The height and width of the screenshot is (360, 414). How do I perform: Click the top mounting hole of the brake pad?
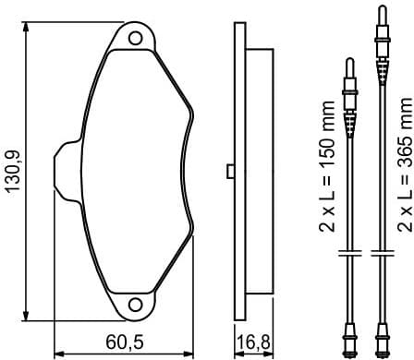click(136, 38)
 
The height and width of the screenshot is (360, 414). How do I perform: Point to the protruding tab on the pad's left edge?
click(66, 168)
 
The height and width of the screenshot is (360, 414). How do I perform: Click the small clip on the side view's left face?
click(227, 170)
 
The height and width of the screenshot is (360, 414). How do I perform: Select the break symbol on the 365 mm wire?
click(380, 252)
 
